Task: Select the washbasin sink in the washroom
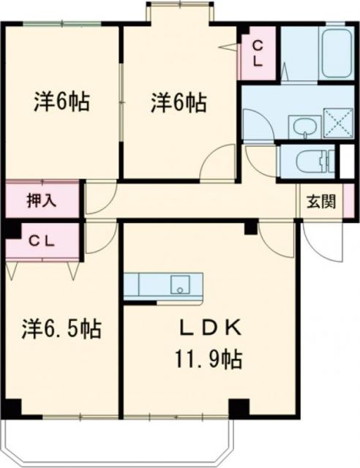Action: click(303, 129)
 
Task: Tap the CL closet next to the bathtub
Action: click(258, 53)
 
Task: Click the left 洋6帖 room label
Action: click(61, 102)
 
